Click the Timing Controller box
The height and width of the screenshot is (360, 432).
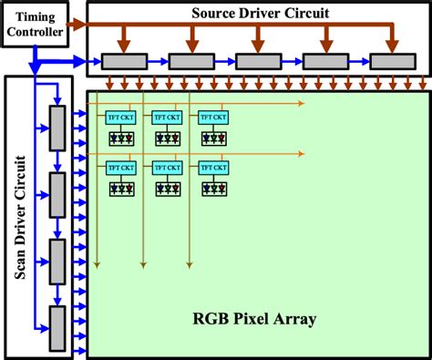click(x=34, y=27)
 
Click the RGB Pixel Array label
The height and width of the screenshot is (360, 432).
click(x=254, y=319)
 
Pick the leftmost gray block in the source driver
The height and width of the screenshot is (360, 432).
click(x=124, y=61)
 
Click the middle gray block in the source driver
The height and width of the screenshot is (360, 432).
click(x=258, y=61)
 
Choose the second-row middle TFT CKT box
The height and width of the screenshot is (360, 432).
click(x=168, y=168)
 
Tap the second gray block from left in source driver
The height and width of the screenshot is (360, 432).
click(x=190, y=61)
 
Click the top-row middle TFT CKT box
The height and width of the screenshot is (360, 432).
click(x=168, y=118)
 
